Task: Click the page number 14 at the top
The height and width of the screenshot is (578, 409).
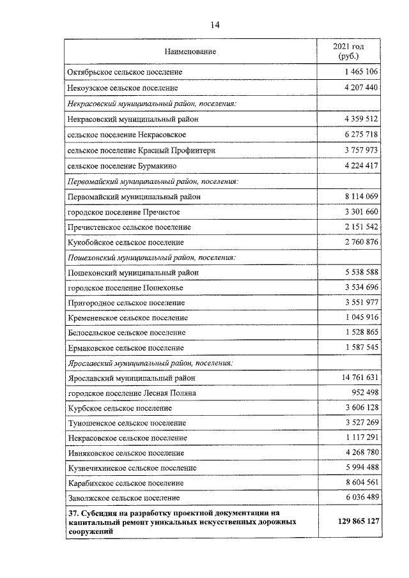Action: [215, 25]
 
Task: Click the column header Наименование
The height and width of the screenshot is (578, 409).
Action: [190, 50]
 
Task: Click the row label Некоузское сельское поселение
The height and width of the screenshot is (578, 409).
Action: [122, 87]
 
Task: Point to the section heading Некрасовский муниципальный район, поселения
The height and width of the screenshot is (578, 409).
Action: [152, 103]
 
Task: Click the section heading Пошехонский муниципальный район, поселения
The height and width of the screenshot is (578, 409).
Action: [151, 257]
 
